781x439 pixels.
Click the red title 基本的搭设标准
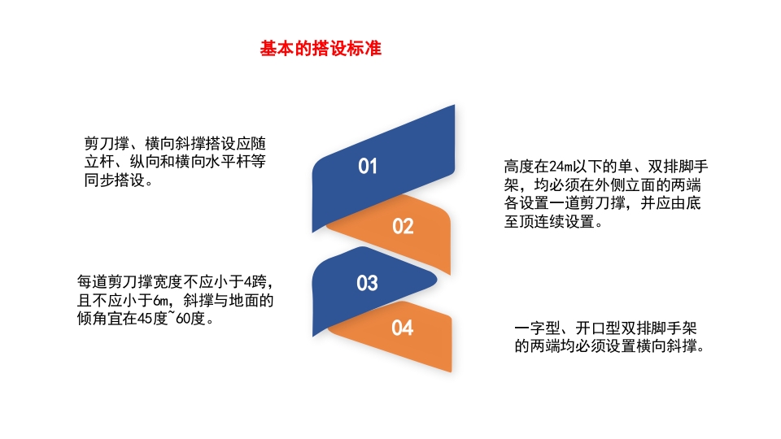(321, 49)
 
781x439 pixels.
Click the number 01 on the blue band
(369, 167)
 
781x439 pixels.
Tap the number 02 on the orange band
(404, 227)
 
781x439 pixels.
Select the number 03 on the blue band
(368, 284)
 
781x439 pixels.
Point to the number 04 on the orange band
(403, 328)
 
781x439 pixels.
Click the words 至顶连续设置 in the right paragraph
(553, 221)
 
